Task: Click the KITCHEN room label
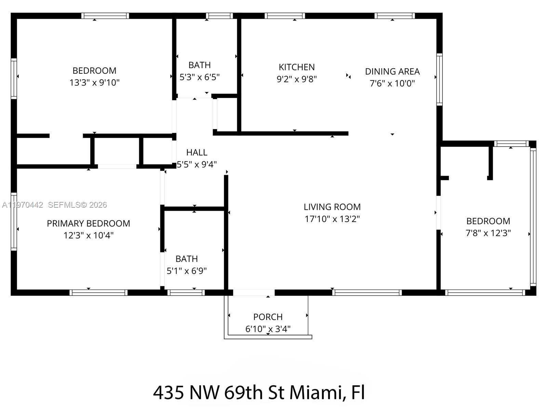(296, 67)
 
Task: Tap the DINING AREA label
(392, 71)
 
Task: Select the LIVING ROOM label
(332, 207)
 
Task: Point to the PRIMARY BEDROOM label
(88, 223)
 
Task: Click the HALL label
(197, 152)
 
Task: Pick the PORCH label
(268, 317)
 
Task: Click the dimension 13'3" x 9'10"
(94, 82)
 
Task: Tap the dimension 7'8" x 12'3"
(488, 233)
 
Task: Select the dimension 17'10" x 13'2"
(332, 219)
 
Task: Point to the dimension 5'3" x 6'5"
(199, 77)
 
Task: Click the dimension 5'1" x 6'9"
(186, 271)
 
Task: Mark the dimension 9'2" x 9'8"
(296, 79)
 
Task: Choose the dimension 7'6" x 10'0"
(392, 83)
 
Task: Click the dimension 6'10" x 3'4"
(268, 329)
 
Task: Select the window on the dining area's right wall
(439, 79)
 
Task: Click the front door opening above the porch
(254, 292)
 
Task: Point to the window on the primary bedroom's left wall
(14, 221)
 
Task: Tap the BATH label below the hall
(186, 259)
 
